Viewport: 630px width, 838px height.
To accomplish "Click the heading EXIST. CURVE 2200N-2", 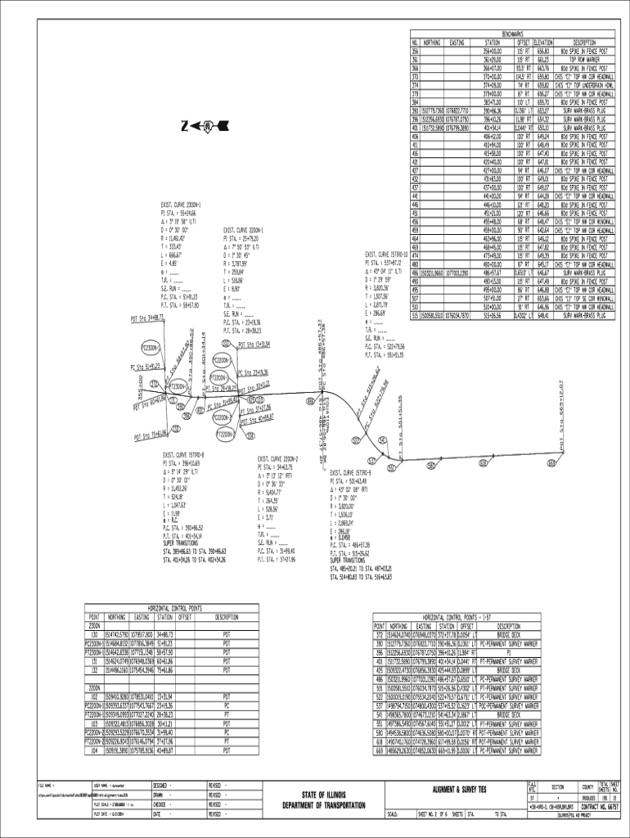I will tap(279, 459).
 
